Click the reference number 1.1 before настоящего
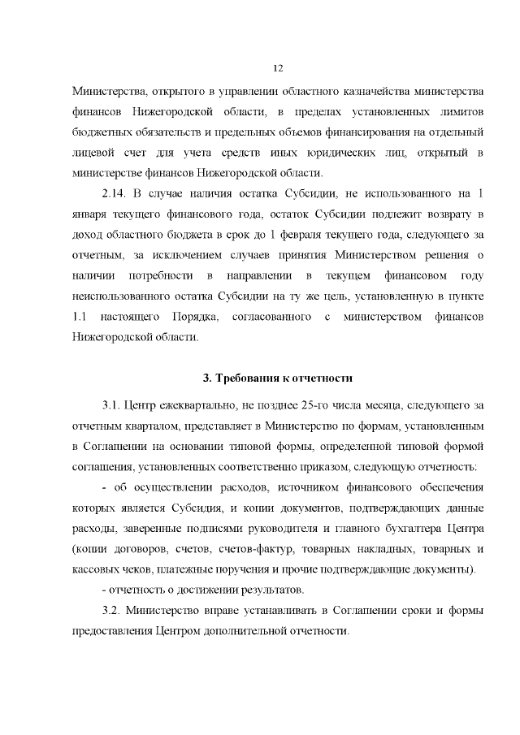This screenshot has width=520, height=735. (x=80, y=314)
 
